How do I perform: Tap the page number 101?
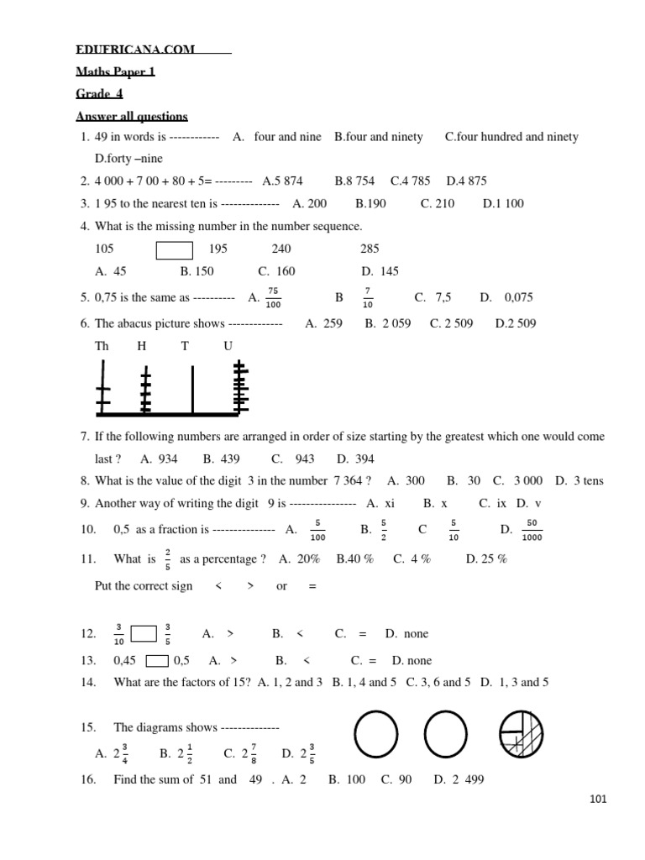(x=598, y=800)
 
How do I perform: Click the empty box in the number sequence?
(x=175, y=249)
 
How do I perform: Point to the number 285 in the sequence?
(x=370, y=249)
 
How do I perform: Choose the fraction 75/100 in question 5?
(x=273, y=297)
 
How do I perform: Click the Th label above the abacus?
(x=102, y=346)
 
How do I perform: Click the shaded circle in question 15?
(x=522, y=732)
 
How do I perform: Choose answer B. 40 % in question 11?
(x=354, y=559)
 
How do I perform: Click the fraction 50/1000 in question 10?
(x=532, y=530)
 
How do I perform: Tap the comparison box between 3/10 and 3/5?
(x=144, y=634)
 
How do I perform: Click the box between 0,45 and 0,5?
(x=156, y=661)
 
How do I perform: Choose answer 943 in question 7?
(x=305, y=459)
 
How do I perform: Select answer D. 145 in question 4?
(x=380, y=271)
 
